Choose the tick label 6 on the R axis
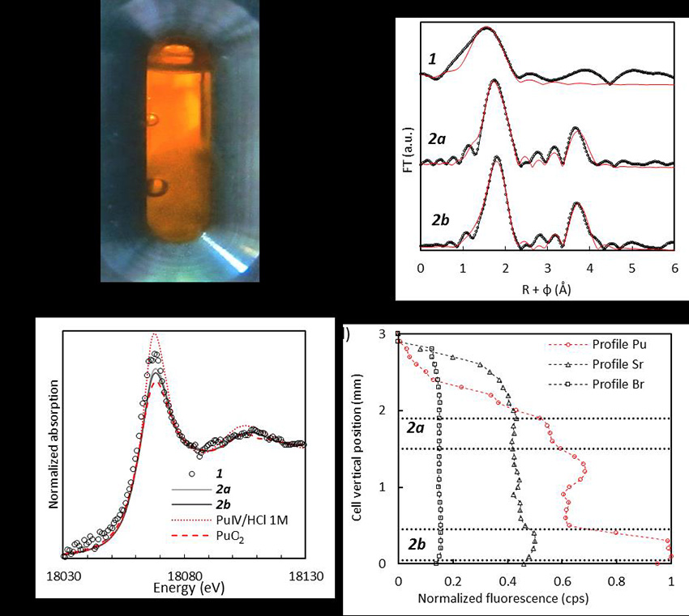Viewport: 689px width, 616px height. point(674,267)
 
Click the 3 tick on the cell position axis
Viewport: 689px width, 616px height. point(382,334)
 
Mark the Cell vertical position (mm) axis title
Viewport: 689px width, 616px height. point(357,448)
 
